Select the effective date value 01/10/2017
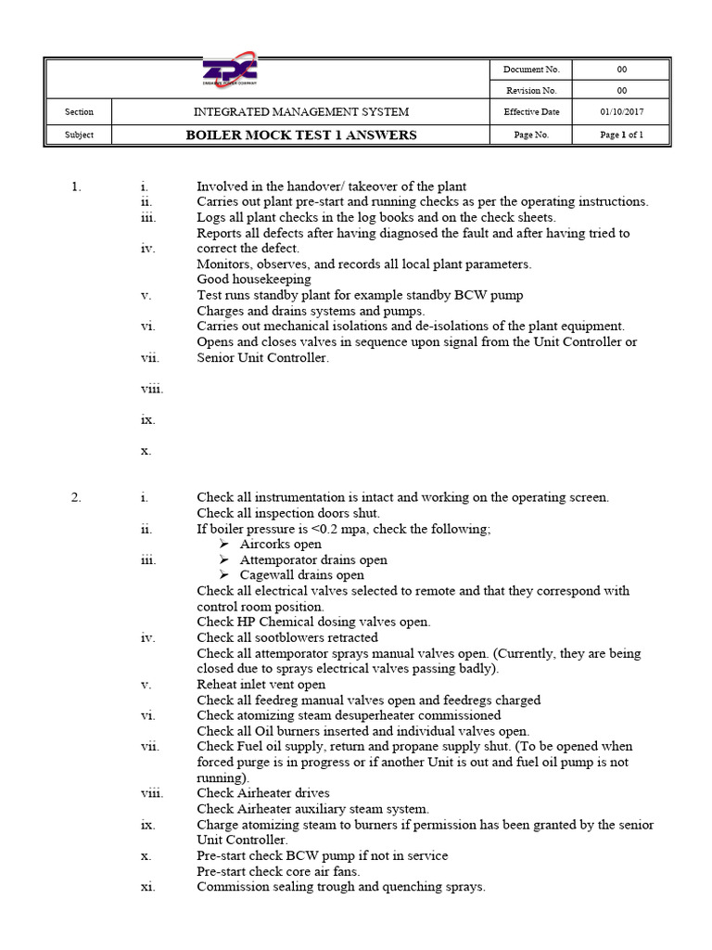tap(621, 112)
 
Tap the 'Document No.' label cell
tap(531, 70)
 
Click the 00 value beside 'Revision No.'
tap(621, 91)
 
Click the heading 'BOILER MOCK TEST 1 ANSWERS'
tap(300, 135)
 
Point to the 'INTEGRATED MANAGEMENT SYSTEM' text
tap(300, 112)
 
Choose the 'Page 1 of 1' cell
tap(621, 135)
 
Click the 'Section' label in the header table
tap(79, 112)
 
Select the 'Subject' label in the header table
tap(79, 135)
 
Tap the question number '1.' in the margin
tap(76, 186)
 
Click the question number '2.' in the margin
tap(76, 497)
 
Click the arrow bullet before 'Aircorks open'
tap(223, 545)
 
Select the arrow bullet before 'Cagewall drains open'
tap(223, 575)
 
